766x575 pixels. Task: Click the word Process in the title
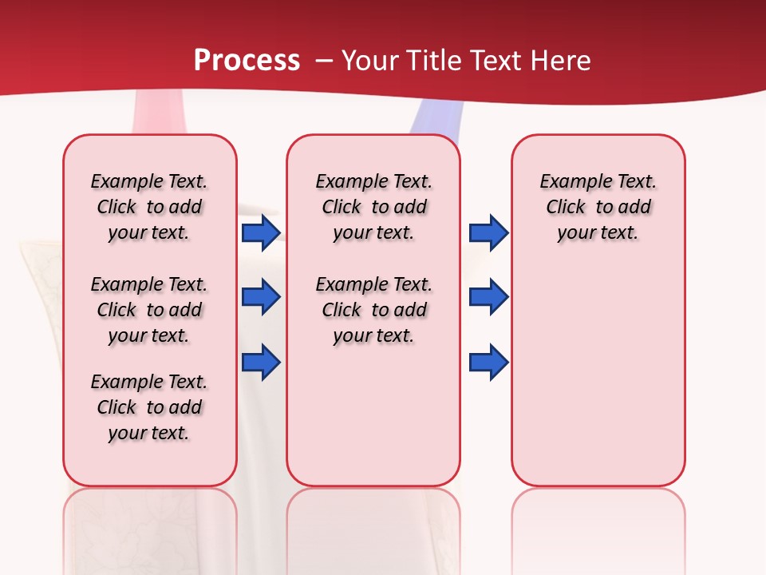(x=247, y=61)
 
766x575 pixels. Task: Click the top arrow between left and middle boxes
(x=261, y=233)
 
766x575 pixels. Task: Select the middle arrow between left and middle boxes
(x=261, y=298)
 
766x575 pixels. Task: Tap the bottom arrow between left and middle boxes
(x=261, y=363)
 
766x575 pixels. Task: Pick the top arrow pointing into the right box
(x=488, y=233)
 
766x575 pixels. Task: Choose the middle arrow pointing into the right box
(x=488, y=298)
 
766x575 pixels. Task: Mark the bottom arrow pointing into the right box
(x=488, y=363)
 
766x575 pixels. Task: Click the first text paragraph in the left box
(x=149, y=207)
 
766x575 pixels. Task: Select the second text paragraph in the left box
(x=149, y=310)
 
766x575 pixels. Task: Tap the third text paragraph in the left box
(x=149, y=407)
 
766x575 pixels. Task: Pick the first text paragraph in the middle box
(x=373, y=207)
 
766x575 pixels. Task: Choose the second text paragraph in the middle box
(x=373, y=310)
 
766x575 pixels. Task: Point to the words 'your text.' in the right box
(x=598, y=233)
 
